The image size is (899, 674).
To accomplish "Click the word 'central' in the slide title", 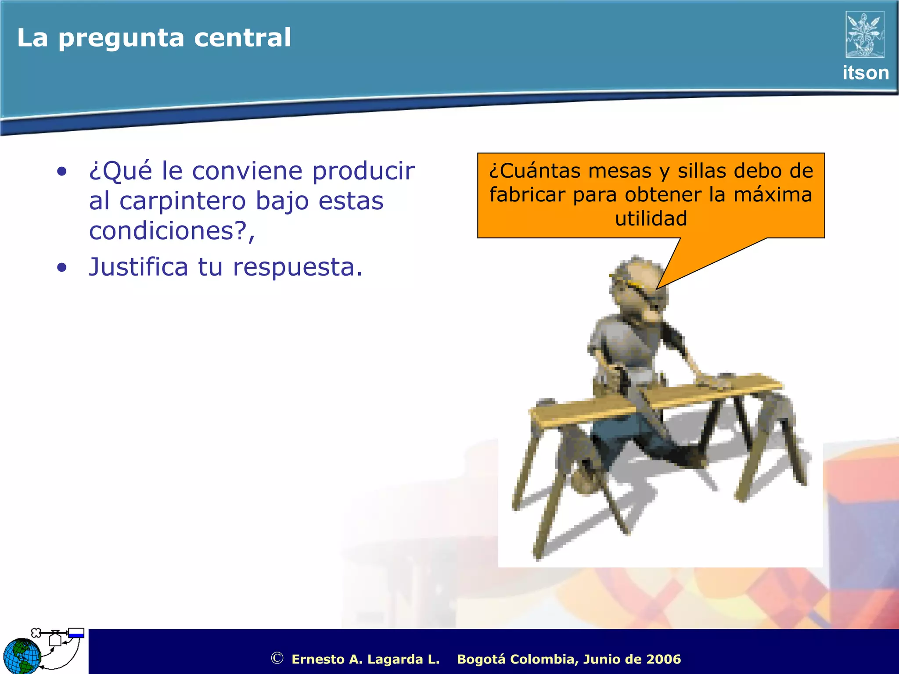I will click(242, 38).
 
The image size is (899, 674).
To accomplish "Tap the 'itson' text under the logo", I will click(865, 73).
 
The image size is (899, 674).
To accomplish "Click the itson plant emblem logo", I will click(864, 35).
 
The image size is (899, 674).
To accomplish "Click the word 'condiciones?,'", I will click(172, 231).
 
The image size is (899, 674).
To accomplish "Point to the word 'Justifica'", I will click(138, 267).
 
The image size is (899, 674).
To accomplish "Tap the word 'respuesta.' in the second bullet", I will click(298, 268).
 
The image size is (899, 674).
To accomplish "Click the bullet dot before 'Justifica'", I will click(62, 267).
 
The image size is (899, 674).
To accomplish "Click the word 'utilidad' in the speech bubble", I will click(651, 219).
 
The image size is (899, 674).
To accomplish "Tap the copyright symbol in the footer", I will click(277, 658).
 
